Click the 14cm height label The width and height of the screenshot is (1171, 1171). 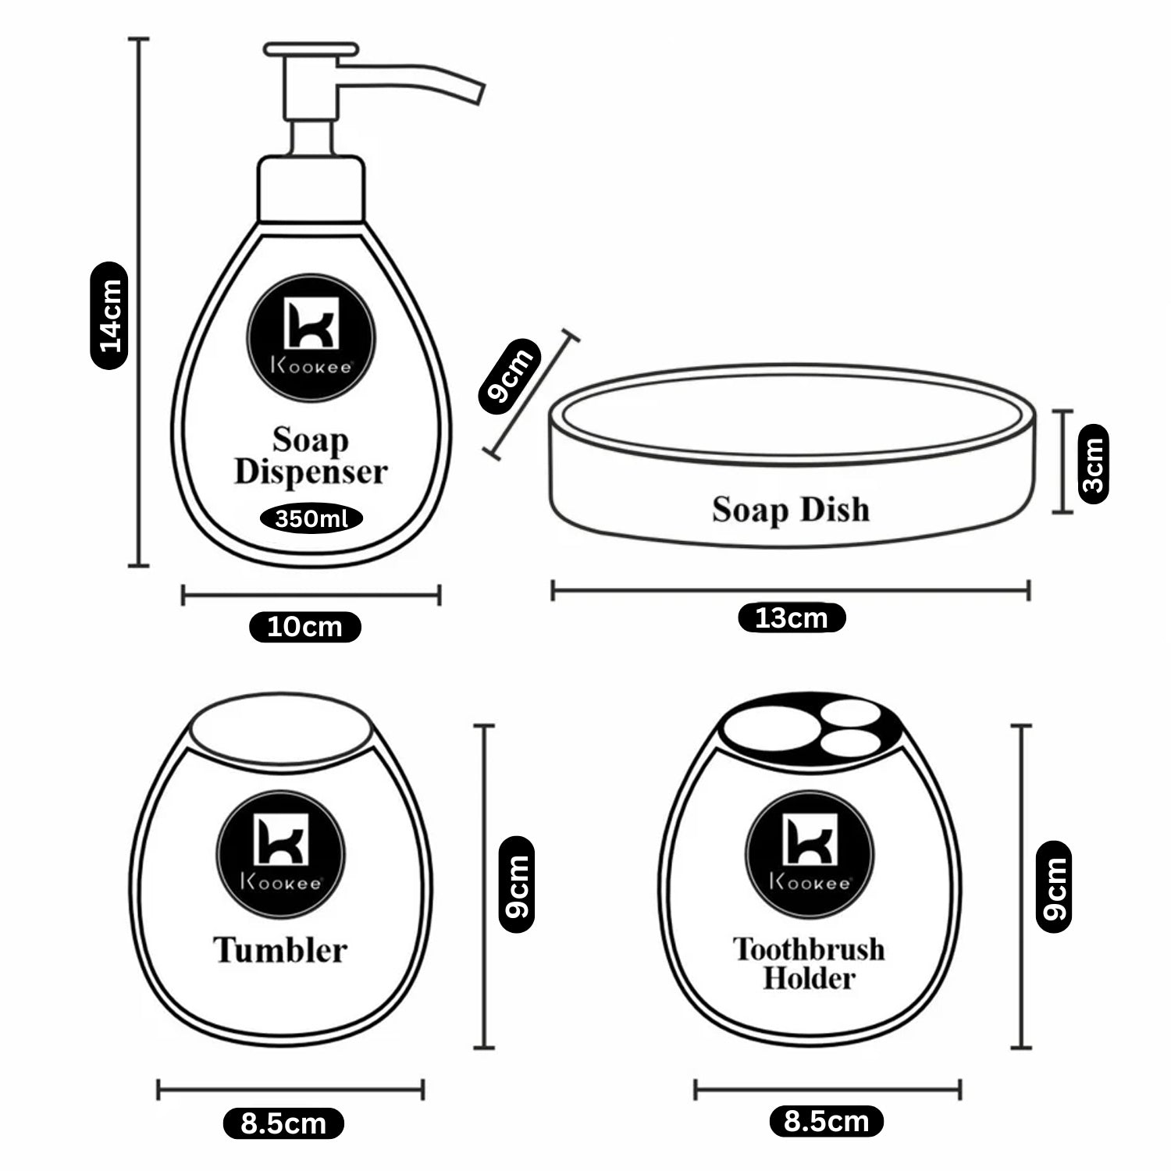pos(109,315)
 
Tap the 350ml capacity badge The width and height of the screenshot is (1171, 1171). pos(311,518)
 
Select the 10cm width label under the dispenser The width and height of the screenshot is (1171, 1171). pos(305,627)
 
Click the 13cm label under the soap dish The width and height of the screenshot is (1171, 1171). pos(792,618)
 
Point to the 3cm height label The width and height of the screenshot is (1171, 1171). pos(1093,464)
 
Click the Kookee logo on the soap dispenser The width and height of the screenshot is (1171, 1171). pos(311,338)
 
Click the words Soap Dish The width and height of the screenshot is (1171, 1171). pos(790,510)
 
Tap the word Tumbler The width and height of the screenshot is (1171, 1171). pos(280,950)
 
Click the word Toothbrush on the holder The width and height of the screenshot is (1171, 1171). pos(809,949)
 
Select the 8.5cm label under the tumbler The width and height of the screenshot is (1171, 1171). pos(283,1124)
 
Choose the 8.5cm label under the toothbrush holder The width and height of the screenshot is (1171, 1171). pos(827,1122)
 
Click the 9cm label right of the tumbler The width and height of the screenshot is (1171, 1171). pos(516,885)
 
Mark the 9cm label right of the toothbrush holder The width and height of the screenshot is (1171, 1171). pos(1053,887)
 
